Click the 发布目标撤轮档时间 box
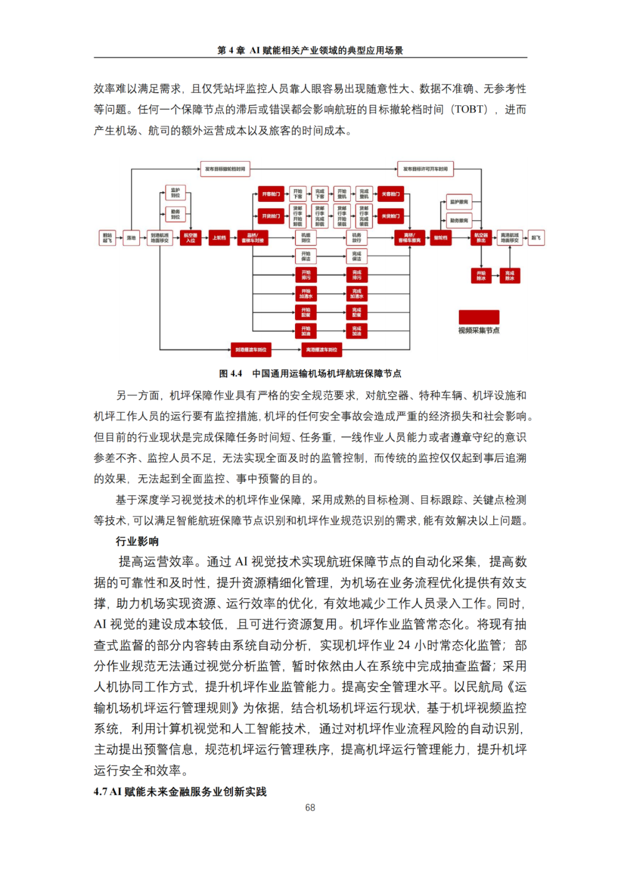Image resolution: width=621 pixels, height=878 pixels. [x=225, y=169]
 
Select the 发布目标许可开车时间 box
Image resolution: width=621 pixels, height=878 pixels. [x=425, y=169]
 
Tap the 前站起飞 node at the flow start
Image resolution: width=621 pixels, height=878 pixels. [x=108, y=237]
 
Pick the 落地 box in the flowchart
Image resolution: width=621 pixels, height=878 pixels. [x=132, y=237]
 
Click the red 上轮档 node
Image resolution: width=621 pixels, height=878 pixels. [x=219, y=237]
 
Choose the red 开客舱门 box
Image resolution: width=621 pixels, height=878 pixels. [x=271, y=194]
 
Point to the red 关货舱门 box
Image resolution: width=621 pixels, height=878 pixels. [x=390, y=216]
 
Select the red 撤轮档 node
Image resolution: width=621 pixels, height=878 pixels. [x=440, y=237]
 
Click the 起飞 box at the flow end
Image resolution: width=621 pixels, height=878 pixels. [x=536, y=237]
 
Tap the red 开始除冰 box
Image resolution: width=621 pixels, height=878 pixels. [x=481, y=275]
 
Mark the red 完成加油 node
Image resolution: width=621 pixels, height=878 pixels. [x=356, y=331]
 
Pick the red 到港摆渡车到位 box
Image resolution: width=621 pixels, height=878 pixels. [x=251, y=349]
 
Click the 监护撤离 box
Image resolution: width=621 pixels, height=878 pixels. [x=459, y=202]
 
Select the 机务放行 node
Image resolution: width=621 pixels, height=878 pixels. [x=356, y=237]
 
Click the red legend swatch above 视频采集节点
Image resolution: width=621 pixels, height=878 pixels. [x=478, y=317]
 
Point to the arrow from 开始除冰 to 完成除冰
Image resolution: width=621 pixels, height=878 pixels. [x=494, y=275]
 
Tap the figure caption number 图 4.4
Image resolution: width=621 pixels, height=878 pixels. [x=231, y=374]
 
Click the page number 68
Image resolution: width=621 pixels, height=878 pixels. [x=310, y=808]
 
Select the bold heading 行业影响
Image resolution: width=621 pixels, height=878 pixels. [x=137, y=541]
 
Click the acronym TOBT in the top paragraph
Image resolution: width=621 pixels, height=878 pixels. [x=470, y=109]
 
